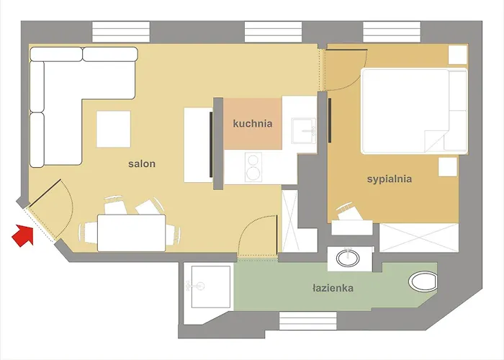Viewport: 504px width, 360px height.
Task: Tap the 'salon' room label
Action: point(142,164)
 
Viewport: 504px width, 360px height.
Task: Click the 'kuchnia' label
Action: point(253,124)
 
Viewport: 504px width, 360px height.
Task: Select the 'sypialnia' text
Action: point(389,179)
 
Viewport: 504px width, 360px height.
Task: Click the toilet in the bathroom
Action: point(422,281)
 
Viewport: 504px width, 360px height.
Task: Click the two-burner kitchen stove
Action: point(253,167)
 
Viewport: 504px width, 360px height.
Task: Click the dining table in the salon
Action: point(131,233)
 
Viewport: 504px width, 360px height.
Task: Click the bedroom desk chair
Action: point(349,211)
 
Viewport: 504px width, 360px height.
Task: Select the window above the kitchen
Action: point(273,32)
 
